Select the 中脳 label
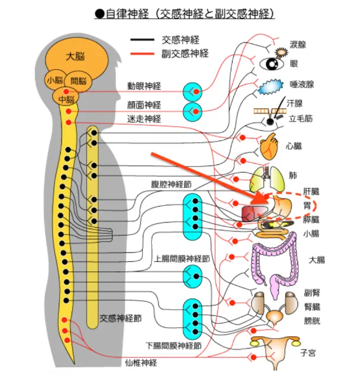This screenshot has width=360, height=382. click(67, 99)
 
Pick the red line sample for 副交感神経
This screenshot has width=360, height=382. click(143, 54)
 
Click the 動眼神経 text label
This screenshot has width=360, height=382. click(144, 86)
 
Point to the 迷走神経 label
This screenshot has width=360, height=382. click(144, 118)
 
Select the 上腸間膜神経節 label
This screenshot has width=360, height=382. click(182, 259)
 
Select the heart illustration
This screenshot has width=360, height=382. click(269, 145)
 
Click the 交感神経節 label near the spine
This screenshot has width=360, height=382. click(120, 318)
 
